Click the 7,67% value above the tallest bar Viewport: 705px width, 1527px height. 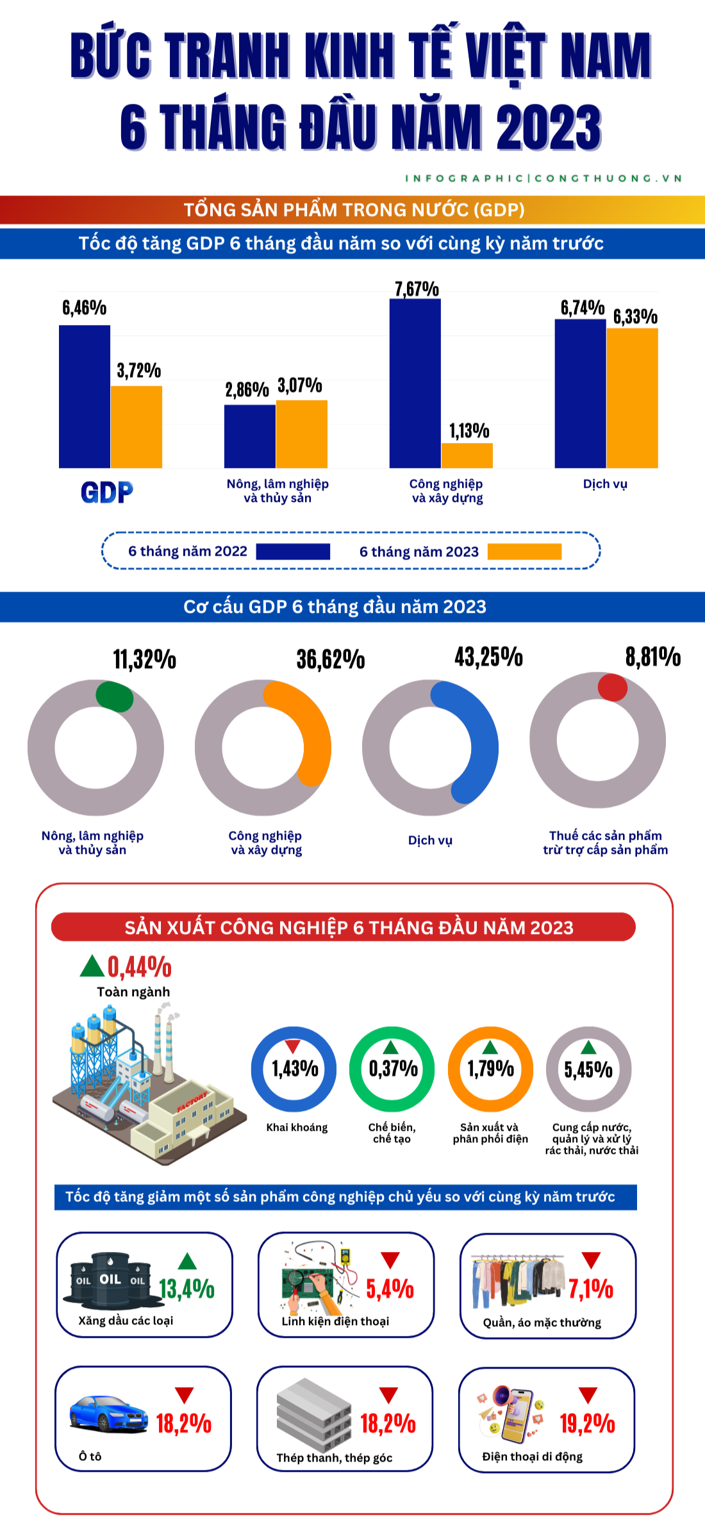(417, 289)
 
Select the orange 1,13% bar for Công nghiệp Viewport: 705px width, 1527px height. (467, 455)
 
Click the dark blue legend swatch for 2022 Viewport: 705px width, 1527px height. (293, 551)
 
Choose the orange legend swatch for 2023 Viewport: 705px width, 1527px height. (524, 551)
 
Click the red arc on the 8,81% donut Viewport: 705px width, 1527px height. (612, 687)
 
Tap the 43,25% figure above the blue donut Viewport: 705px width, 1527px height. (488, 657)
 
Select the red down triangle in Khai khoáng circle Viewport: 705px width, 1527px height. (293, 1047)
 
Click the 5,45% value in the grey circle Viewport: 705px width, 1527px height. (588, 1069)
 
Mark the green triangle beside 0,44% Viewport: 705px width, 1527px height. (92, 966)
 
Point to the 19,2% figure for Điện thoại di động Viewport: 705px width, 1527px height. (587, 1424)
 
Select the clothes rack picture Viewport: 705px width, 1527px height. (518, 1281)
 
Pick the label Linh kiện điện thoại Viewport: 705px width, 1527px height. (335, 1321)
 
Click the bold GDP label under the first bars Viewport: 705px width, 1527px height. (107, 492)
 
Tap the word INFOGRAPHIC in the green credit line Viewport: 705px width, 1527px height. (464, 178)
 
